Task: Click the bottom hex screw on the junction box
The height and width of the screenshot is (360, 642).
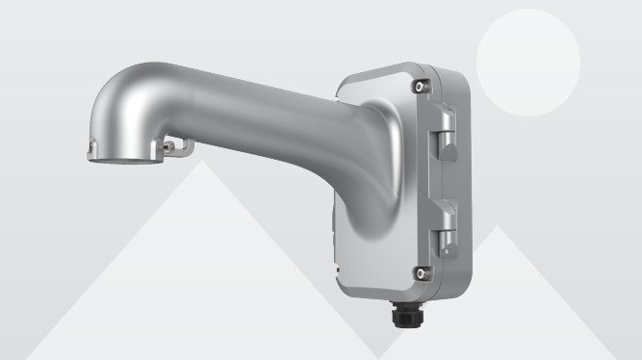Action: coord(420,272)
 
